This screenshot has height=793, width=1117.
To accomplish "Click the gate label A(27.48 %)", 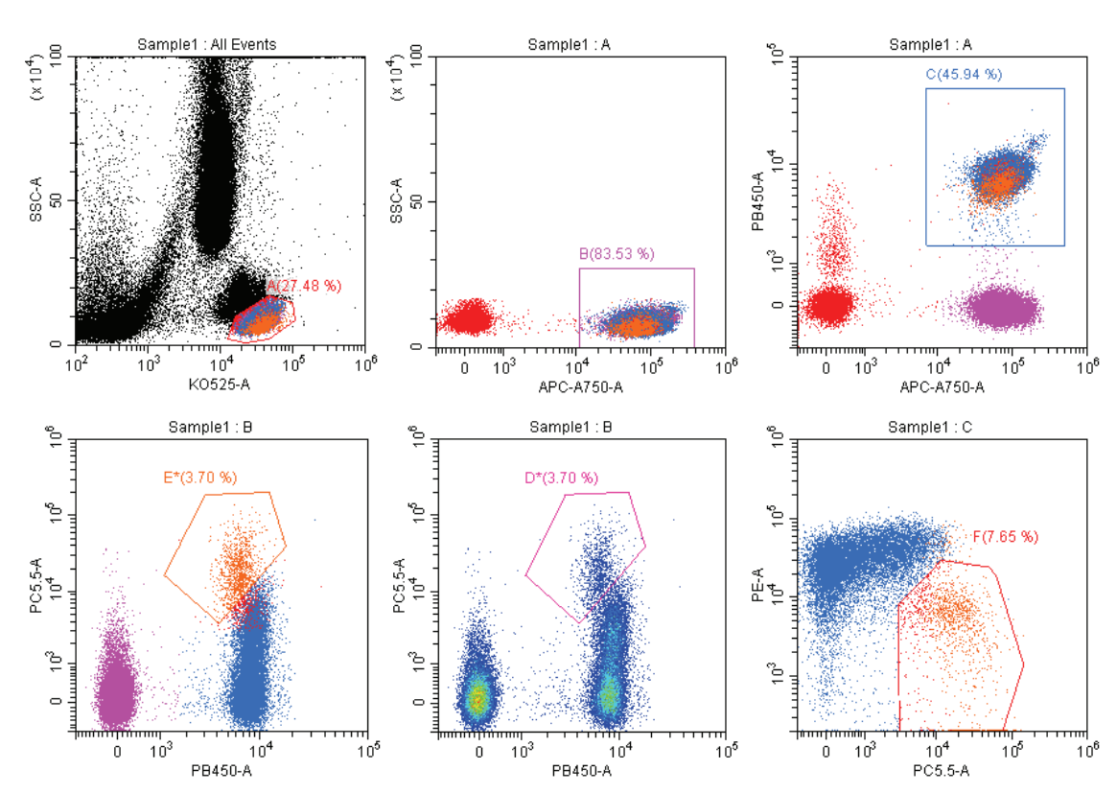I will pyautogui.click(x=304, y=286).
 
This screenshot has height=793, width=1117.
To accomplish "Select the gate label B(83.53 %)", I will pyautogui.click(x=617, y=254).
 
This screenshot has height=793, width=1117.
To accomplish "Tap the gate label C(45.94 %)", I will pyautogui.click(x=964, y=74).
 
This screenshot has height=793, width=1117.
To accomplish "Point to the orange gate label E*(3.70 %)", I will pyautogui.click(x=198, y=476).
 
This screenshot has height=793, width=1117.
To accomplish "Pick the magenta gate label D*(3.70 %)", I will pyautogui.click(x=561, y=477).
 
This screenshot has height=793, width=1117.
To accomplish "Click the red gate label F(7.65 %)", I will pyautogui.click(x=1006, y=537).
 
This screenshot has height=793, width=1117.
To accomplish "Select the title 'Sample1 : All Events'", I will pyautogui.click(x=221, y=44).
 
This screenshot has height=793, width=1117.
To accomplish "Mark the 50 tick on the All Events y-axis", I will pyautogui.click(x=58, y=200).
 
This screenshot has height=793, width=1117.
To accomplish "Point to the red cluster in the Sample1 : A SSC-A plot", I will pyautogui.click(x=469, y=316).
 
